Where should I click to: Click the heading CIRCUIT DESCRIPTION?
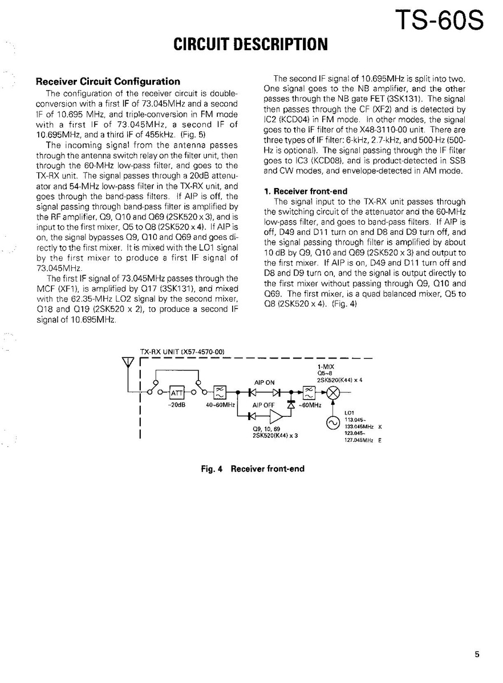click(251, 44)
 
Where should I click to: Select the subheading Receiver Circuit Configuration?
click(108, 82)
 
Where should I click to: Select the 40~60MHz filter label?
click(220, 405)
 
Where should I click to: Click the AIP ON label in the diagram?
click(263, 383)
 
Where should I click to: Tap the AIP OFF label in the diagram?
click(264, 405)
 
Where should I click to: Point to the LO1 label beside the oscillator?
click(350, 412)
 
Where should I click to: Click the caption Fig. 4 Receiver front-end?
click(253, 469)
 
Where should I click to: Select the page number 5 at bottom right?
click(477, 655)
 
